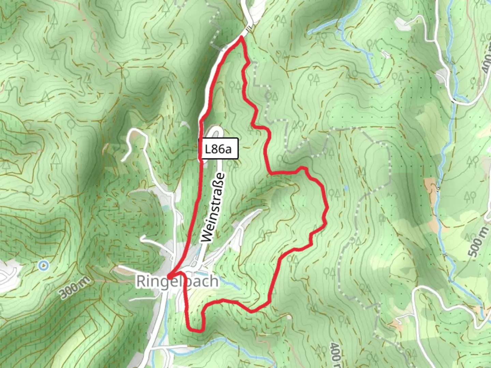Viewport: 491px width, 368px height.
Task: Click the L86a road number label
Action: tap(218, 149)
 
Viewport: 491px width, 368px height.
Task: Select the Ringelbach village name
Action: tap(177, 281)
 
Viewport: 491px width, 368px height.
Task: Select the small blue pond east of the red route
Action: tap(345, 188)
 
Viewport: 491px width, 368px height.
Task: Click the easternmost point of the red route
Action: tap(327, 207)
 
